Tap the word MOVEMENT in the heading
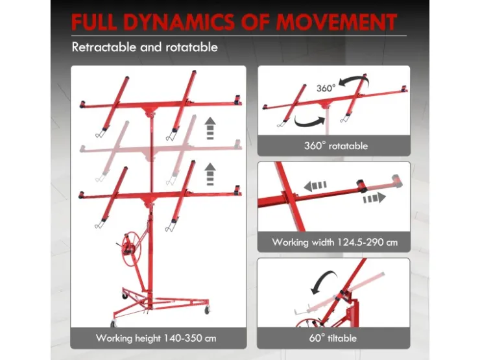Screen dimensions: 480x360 [x=337, y=22]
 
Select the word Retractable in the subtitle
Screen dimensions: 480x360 [x=104, y=47]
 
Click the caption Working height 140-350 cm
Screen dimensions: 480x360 [x=156, y=338]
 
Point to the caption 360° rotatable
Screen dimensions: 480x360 [x=336, y=146]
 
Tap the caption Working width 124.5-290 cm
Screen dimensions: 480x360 [x=335, y=243]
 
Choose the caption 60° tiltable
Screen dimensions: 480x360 [x=333, y=338]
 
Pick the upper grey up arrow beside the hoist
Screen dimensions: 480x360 [x=210, y=128]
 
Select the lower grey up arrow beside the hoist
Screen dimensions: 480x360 [x=210, y=174]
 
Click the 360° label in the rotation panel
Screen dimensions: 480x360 [x=326, y=88]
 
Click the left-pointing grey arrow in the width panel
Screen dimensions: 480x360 [x=315, y=186]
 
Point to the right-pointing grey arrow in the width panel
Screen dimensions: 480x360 [x=374, y=198]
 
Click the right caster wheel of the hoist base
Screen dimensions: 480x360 [x=208, y=310]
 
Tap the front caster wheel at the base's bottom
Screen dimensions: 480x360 [x=114, y=323]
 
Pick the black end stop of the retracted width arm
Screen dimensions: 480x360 [x=362, y=186]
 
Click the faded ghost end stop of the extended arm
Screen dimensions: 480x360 [x=398, y=181]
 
